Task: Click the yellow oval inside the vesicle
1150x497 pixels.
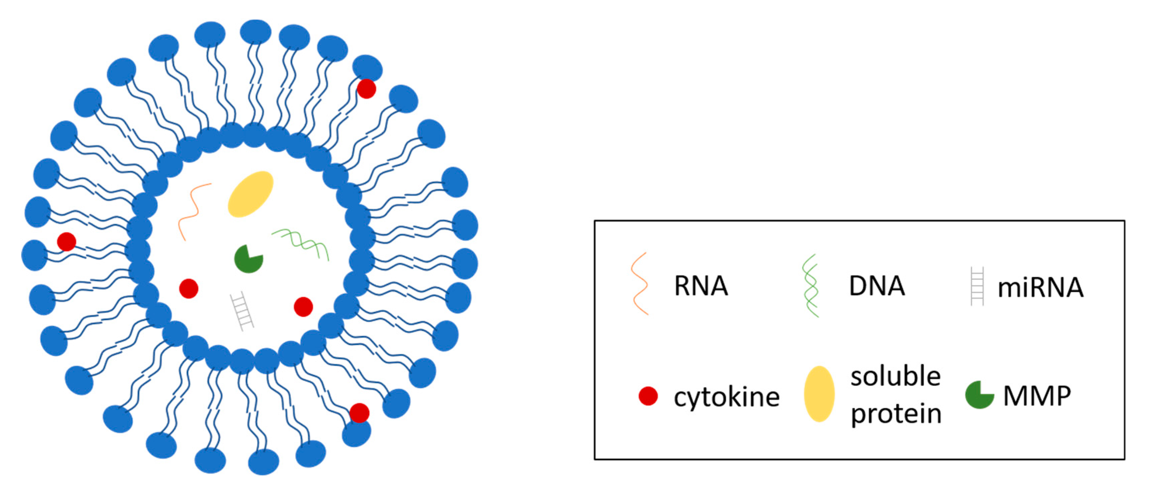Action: click(250, 194)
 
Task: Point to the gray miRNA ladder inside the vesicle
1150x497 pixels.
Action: click(242, 311)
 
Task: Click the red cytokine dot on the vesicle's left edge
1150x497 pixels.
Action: click(66, 242)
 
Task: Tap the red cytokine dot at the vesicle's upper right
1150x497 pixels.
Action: click(366, 88)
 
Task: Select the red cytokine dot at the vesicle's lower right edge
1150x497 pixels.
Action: click(359, 413)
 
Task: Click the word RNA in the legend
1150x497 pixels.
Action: click(701, 286)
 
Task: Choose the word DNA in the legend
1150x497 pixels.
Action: click(877, 286)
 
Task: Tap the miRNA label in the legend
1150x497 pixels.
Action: click(1040, 287)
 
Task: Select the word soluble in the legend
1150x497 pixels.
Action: click(896, 376)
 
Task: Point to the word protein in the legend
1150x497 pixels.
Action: click(896, 414)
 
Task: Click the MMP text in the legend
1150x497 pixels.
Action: click(1037, 396)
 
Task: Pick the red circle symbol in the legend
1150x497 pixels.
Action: click(648, 396)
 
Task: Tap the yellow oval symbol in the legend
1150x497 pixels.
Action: click(819, 394)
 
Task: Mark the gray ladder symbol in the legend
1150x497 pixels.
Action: click(977, 286)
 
